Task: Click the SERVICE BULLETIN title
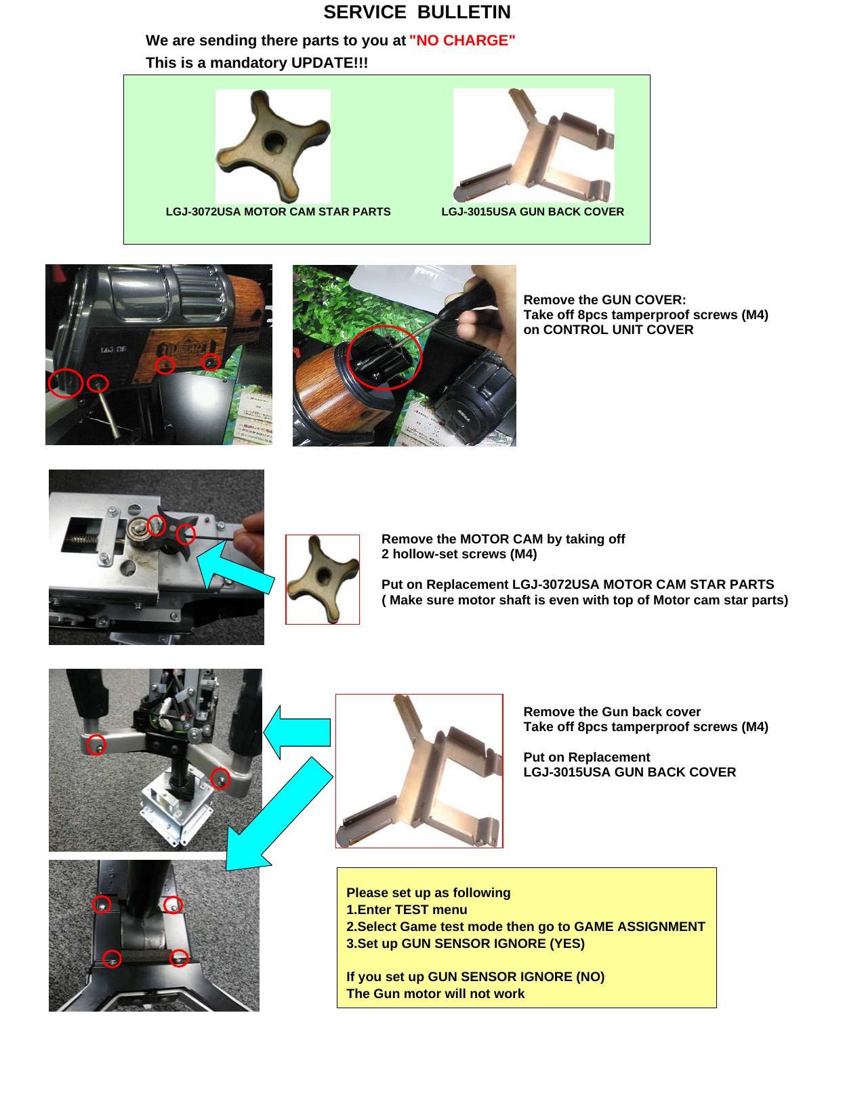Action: click(417, 12)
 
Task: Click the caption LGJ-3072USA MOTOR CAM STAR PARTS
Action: click(278, 212)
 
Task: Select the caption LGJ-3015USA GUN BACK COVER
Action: click(532, 212)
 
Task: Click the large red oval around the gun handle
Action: click(384, 357)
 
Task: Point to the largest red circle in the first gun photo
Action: click(66, 384)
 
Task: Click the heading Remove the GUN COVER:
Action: click(604, 300)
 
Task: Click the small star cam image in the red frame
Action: click(323, 579)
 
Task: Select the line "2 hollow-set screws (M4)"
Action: click(459, 554)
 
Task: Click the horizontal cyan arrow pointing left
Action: click(298, 732)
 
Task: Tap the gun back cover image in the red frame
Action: click(419, 770)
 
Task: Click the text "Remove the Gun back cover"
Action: click(611, 712)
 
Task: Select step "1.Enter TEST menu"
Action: click(407, 910)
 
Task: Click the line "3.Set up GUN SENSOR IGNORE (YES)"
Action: click(465, 944)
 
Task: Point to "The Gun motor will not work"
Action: click(435, 994)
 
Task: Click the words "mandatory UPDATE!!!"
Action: click(289, 63)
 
